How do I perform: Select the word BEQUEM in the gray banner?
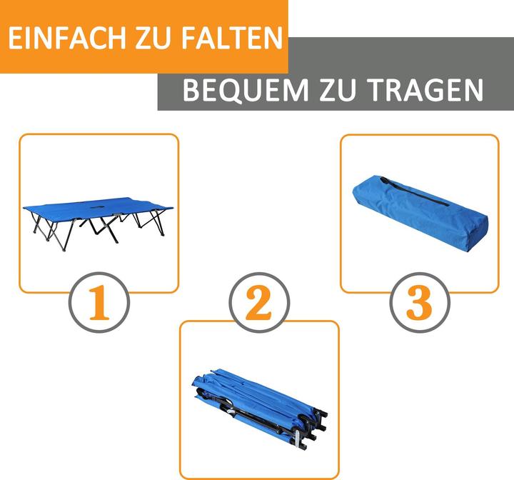(246, 89)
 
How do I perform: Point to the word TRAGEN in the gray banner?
(425, 89)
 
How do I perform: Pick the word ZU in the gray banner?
(337, 89)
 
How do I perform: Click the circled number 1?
(99, 302)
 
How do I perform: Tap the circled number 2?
(259, 303)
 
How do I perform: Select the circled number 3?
(420, 303)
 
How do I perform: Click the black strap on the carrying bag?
(413, 191)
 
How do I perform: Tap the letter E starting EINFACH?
(14, 38)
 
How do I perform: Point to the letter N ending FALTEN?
(273, 38)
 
